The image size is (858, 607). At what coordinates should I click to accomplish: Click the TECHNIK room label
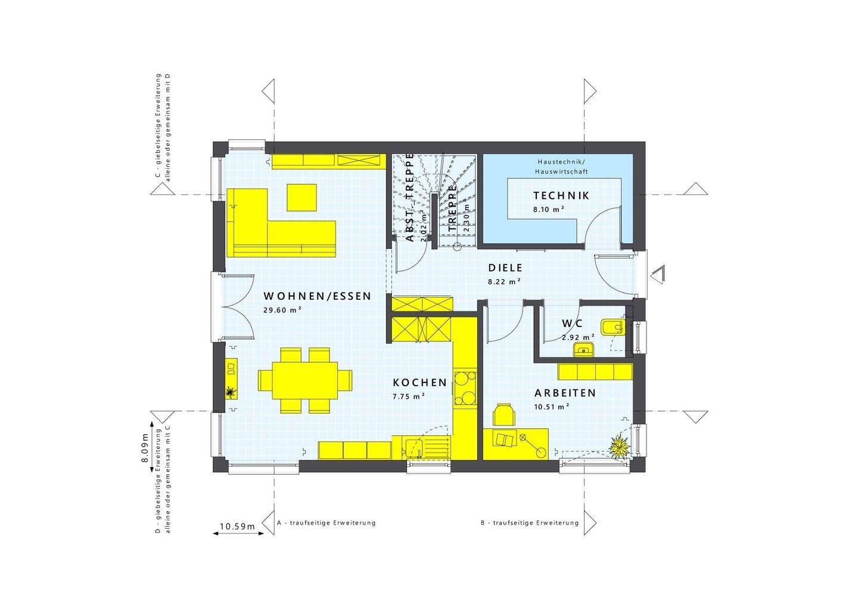click(561, 195)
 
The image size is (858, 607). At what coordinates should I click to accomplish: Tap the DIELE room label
click(505, 268)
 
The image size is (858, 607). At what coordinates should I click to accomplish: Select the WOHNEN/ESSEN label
click(318, 296)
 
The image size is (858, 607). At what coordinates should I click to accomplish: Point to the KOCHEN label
click(419, 382)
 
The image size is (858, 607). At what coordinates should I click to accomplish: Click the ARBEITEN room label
click(565, 393)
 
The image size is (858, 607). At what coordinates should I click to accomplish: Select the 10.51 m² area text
click(551, 406)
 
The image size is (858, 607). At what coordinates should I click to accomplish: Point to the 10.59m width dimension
click(237, 526)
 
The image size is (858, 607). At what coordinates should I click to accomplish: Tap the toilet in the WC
click(613, 326)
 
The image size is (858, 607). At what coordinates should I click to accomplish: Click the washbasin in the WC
click(584, 350)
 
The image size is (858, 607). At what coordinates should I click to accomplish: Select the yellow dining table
click(304, 380)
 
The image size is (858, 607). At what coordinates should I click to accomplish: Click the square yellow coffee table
click(302, 197)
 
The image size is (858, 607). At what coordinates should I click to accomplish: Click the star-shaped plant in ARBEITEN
click(619, 445)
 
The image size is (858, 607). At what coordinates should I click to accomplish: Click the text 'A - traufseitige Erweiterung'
click(327, 523)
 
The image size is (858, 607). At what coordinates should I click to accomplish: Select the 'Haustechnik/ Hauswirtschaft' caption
click(562, 166)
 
